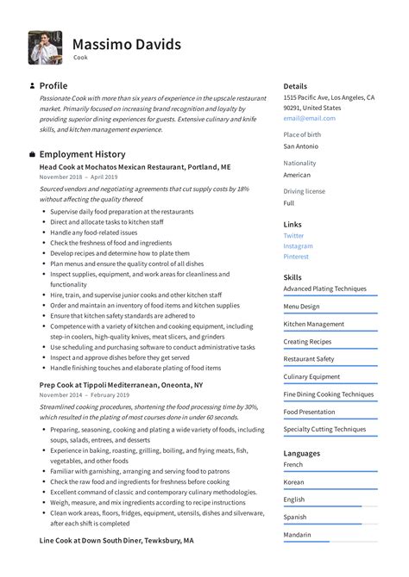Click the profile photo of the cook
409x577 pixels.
point(44,47)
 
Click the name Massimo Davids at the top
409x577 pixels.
point(126,44)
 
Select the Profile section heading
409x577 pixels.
point(53,86)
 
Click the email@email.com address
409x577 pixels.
point(309,118)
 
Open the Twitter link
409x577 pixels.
point(293,235)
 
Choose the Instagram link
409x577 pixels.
point(298,245)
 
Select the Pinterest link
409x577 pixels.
point(297,256)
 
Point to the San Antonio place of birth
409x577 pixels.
point(301,146)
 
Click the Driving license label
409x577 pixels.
point(304,191)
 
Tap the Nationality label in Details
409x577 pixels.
point(299,163)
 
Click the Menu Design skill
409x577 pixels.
point(301,306)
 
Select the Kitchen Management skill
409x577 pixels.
point(313,324)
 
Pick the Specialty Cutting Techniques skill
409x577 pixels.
point(324,429)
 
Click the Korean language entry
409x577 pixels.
point(293,482)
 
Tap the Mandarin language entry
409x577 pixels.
point(297,534)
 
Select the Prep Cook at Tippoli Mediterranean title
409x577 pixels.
point(121,384)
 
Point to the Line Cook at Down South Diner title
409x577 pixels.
point(116,540)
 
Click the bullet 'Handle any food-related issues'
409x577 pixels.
point(93,233)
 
